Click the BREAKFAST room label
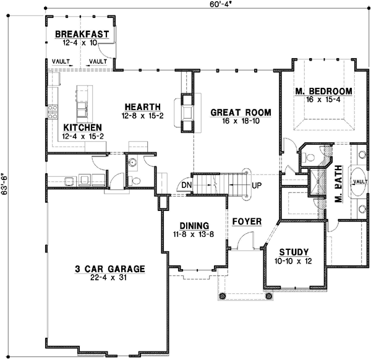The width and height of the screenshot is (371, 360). coord(82,34)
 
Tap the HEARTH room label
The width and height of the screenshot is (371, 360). coord(142,106)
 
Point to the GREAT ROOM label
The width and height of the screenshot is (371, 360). coord(241,112)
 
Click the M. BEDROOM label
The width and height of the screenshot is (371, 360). coord(323,92)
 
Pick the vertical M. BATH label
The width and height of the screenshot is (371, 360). coord(338,188)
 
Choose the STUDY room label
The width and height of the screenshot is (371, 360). coord(294,252)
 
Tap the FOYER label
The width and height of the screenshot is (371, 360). coord(247,221)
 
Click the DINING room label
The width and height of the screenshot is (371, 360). coord(194,226)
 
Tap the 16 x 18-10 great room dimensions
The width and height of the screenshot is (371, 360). coord(241,121)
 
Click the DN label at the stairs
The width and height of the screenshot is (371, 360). coord(185,184)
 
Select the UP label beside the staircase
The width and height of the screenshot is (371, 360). coord(257,185)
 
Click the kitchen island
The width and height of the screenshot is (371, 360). coord(81,103)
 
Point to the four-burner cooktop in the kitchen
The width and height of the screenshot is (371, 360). coord(53,109)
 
